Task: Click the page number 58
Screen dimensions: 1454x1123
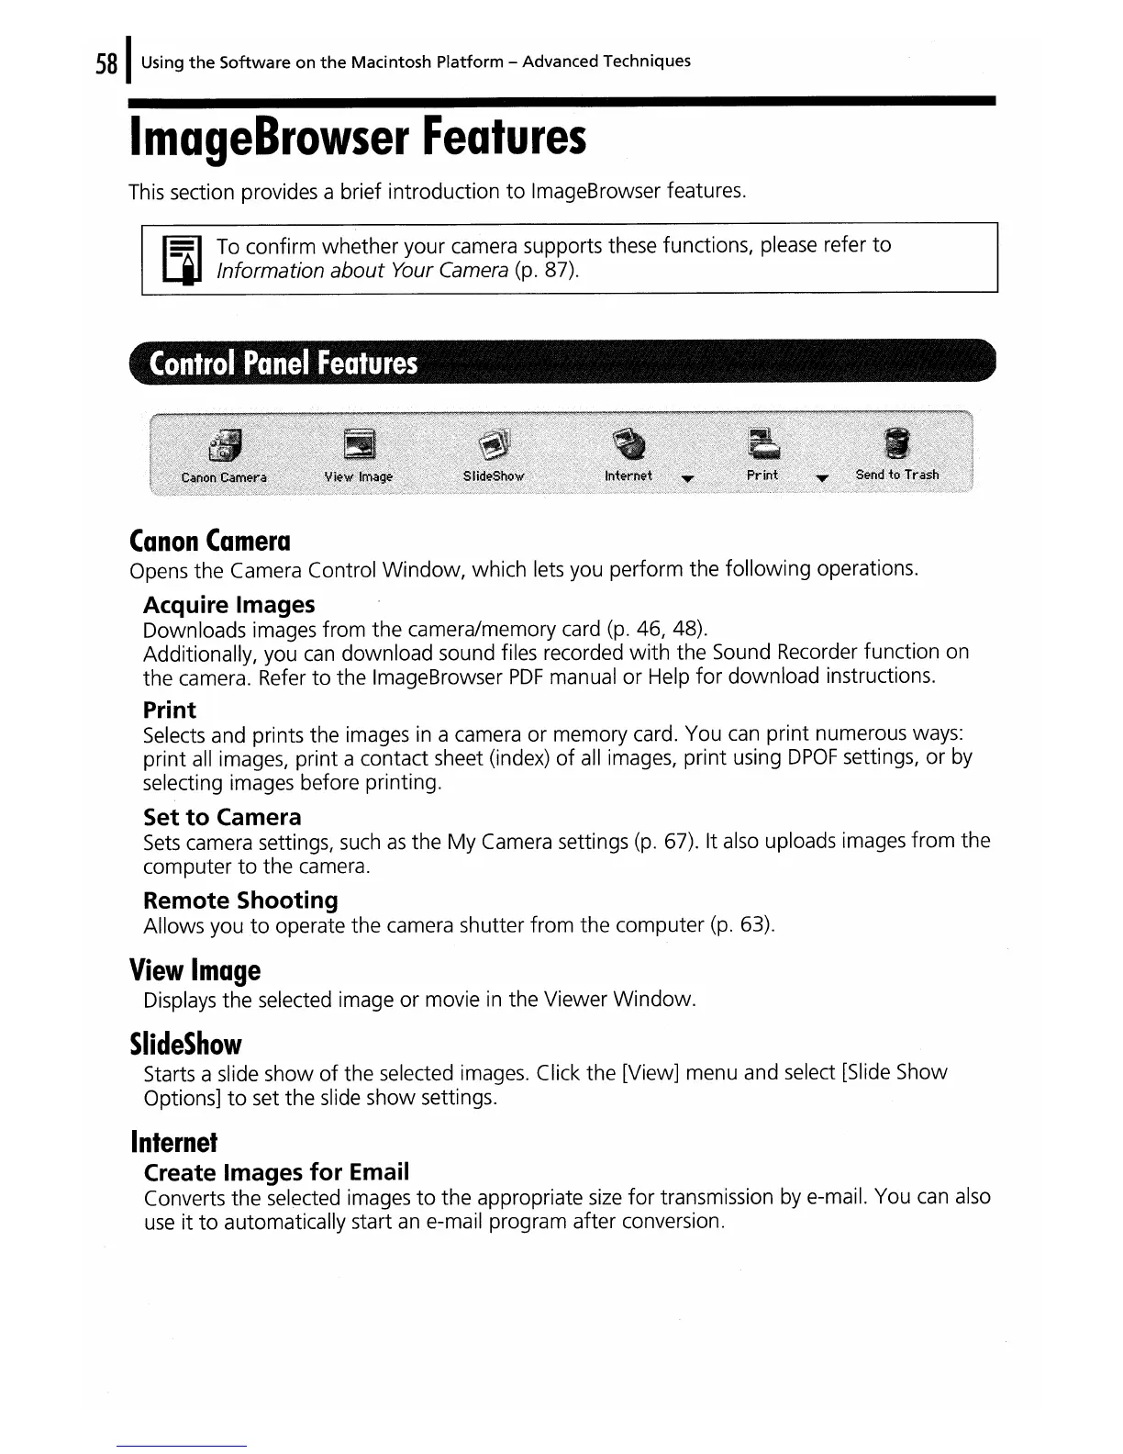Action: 106,63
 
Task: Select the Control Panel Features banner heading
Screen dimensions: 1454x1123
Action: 284,364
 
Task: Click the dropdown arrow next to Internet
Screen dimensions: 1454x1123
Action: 687,477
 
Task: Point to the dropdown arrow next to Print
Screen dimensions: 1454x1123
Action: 821,477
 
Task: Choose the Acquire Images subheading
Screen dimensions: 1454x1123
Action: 228,605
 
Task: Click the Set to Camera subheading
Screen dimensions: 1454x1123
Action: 222,817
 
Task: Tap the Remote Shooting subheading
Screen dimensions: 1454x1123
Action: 240,900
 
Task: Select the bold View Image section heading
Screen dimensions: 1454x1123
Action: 195,970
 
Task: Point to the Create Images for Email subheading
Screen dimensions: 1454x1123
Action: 276,1172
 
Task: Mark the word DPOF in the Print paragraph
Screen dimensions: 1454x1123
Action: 810,758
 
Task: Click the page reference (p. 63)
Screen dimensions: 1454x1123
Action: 742,925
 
